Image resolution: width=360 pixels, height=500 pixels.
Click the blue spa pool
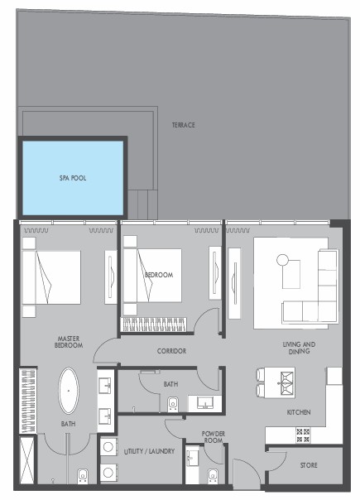73,178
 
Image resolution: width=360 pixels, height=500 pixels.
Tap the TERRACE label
184,125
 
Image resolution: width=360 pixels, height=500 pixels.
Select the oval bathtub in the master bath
68,391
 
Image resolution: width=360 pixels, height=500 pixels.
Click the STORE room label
309,465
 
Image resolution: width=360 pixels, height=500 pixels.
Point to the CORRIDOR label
171,351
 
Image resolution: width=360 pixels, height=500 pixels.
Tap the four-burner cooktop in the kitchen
303,435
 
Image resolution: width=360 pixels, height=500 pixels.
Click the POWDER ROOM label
214,437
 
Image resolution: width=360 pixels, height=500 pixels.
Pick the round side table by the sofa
282,260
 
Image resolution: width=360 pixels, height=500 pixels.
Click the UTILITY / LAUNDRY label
149,451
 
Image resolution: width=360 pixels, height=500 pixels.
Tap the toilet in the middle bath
172,405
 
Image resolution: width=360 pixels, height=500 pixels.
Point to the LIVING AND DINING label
299,348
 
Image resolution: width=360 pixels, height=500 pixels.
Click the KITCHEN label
299,412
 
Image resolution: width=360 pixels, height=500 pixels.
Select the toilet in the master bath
82,476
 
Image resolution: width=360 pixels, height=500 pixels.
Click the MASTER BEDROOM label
69,342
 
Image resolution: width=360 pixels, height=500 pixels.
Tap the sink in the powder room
193,458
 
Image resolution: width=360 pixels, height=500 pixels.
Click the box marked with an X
26,460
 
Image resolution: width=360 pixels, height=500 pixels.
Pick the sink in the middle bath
204,403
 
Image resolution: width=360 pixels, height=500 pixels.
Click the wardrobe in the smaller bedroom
154,325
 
